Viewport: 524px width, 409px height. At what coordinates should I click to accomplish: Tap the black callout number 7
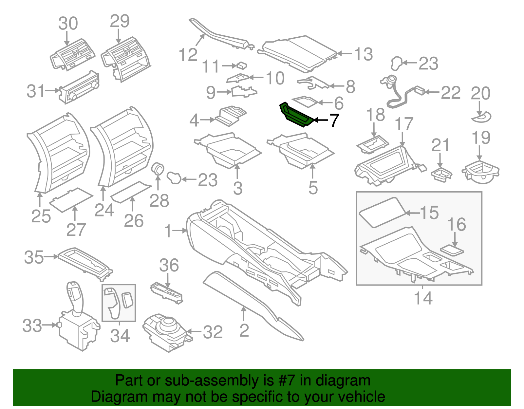tap(334, 121)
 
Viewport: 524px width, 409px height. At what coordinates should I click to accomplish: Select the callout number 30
tap(68, 24)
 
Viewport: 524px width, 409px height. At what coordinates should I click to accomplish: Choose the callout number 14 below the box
tap(423, 298)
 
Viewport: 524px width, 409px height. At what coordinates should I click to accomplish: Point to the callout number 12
tap(188, 54)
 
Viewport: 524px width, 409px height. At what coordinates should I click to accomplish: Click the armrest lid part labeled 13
tap(298, 52)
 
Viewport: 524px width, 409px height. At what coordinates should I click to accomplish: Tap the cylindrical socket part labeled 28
tap(159, 169)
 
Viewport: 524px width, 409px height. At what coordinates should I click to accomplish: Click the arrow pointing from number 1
tap(179, 231)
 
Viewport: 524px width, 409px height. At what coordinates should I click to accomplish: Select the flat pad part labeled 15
tap(382, 212)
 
